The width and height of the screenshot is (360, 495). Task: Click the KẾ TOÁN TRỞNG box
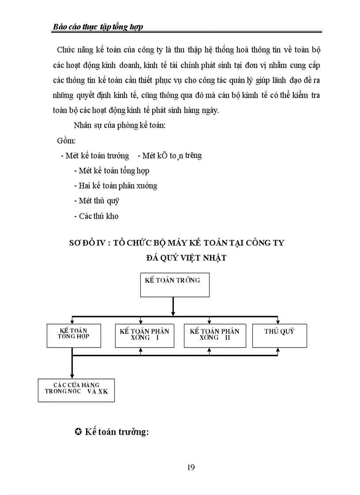[x=172, y=284]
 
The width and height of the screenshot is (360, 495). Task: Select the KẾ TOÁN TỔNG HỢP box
[x=74, y=336]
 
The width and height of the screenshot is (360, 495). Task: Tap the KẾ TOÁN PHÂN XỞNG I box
[x=144, y=336]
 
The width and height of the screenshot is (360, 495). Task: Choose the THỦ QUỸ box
[x=279, y=335]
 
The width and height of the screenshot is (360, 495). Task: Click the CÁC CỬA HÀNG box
[x=76, y=390]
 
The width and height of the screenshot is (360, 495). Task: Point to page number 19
[x=191, y=467]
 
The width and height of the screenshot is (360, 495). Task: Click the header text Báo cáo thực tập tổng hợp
[x=97, y=27]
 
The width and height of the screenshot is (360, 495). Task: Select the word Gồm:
[x=67, y=141]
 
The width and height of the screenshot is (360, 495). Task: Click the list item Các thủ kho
[x=96, y=216]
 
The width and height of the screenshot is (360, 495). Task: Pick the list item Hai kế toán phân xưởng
[x=116, y=186]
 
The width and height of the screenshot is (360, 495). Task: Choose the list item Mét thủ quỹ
[x=97, y=201]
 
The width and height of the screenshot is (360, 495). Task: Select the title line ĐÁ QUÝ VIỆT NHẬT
[x=186, y=258]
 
